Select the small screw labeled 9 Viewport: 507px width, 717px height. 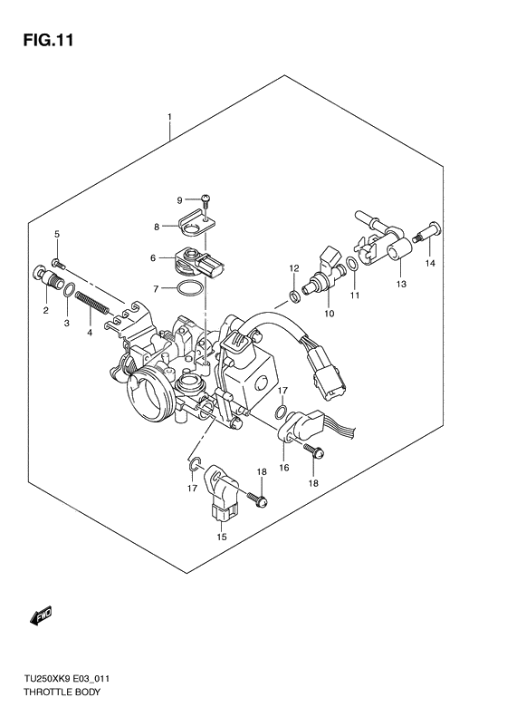207,199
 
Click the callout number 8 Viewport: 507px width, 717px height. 156,227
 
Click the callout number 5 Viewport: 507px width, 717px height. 56,236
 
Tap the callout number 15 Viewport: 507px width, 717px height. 222,537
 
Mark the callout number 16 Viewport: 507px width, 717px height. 283,468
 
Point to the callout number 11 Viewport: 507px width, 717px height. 355,296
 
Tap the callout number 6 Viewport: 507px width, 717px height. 154,258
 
